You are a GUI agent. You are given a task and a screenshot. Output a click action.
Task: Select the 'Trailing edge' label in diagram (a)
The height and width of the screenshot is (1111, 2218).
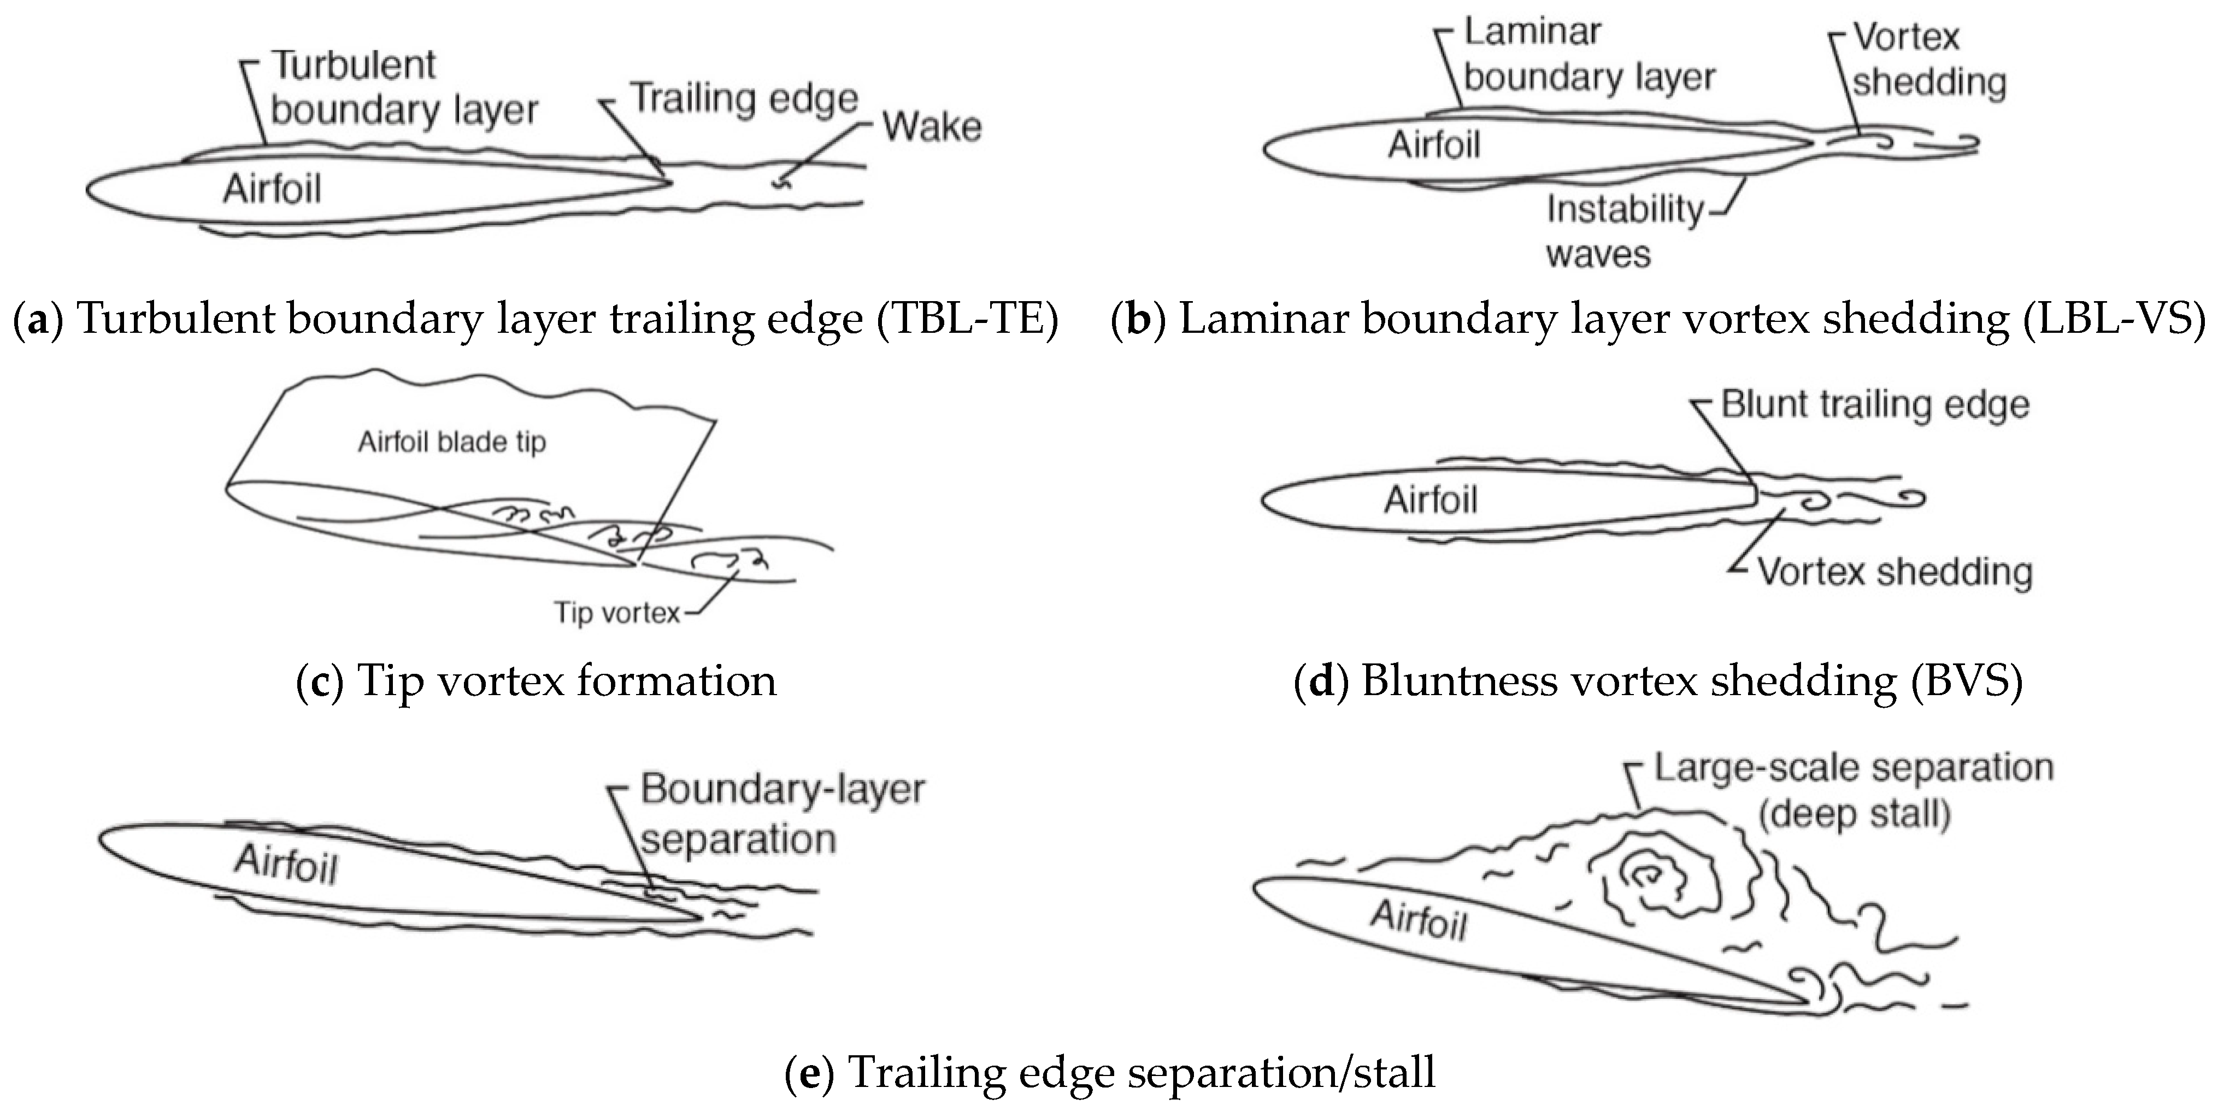point(745,99)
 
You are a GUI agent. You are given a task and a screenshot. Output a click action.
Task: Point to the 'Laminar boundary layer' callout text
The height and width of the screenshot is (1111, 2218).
point(1589,55)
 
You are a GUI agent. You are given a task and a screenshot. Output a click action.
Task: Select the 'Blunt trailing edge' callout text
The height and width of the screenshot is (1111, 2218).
point(1874,405)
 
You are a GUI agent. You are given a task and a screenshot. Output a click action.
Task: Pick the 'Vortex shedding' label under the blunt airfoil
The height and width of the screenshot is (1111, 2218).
point(1895,572)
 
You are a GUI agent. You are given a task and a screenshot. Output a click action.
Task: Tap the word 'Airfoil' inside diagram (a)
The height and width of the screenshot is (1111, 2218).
point(272,189)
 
